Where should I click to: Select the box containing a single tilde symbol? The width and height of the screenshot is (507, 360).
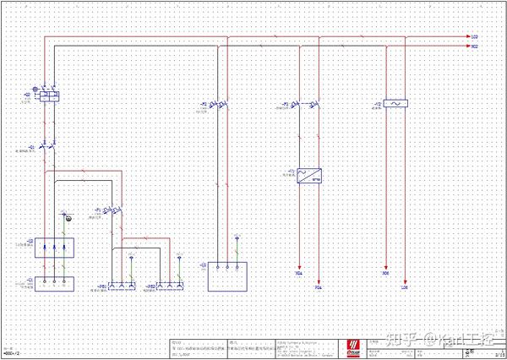pos(395,104)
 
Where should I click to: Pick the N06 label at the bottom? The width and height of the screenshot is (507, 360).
pos(385,275)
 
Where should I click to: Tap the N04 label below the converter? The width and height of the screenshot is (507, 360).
pos(299,275)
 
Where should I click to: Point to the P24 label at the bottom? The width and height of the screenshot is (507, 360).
pos(319,287)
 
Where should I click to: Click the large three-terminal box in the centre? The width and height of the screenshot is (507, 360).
pos(228,275)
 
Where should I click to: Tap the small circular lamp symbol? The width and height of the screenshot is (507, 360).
pos(69,219)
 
